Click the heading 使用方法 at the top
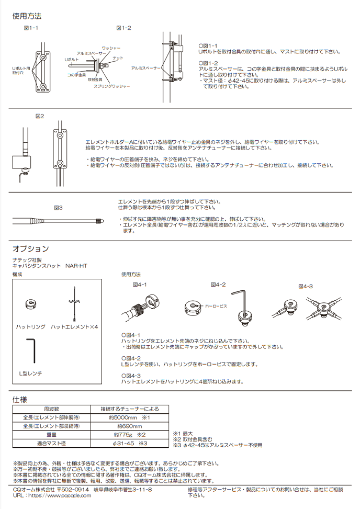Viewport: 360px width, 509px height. pyautogui.click(x=27, y=16)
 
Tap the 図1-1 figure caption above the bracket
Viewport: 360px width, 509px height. pyautogui.click(x=31, y=28)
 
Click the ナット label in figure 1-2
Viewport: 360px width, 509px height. pyautogui.click(x=118, y=58)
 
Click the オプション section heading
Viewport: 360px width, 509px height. pyautogui.click(x=30, y=248)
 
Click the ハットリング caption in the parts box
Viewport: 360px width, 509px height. pyautogui.click(x=30, y=327)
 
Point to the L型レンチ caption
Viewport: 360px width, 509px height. pyautogui.click(x=30, y=373)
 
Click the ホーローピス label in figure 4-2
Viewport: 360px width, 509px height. pyautogui.click(x=216, y=305)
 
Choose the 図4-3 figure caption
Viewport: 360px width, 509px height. pyautogui.click(x=305, y=286)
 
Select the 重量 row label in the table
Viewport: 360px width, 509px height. pyautogui.click(x=51, y=435)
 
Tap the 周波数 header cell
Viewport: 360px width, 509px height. pyautogui.click(x=51, y=409)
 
